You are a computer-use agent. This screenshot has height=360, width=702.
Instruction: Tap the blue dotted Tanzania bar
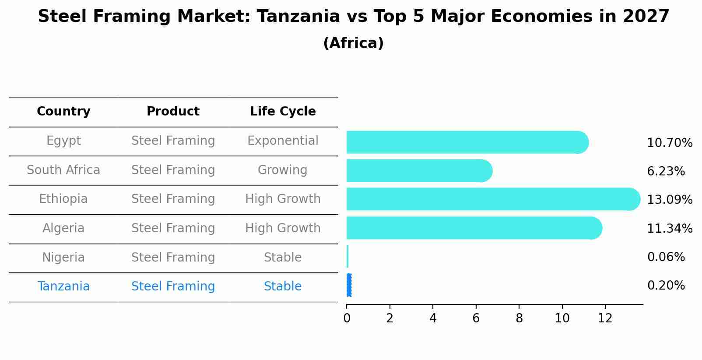349,285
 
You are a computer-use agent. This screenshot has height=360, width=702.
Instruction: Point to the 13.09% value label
670,200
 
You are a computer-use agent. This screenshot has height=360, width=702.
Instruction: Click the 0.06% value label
666,257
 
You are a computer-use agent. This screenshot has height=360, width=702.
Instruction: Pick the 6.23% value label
666,171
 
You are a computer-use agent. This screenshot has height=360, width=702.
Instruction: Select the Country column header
63,112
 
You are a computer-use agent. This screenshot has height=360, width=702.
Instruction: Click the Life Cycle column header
283,112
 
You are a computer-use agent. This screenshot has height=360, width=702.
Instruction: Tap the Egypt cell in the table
63,141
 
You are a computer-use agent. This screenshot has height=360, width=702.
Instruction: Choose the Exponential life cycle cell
283,141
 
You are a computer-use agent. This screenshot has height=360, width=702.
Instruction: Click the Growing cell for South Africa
283,170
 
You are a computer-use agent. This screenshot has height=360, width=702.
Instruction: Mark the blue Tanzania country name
63,287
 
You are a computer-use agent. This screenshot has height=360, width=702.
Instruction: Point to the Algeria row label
63,228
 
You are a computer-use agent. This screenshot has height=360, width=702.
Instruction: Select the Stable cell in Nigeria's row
283,258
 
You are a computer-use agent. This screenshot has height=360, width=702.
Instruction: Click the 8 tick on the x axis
519,318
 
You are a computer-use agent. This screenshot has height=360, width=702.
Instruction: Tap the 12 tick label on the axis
605,318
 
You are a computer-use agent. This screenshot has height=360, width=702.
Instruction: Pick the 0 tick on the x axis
347,318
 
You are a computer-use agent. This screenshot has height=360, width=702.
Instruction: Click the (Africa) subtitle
353,43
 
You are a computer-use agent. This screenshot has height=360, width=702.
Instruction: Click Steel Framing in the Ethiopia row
173,199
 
